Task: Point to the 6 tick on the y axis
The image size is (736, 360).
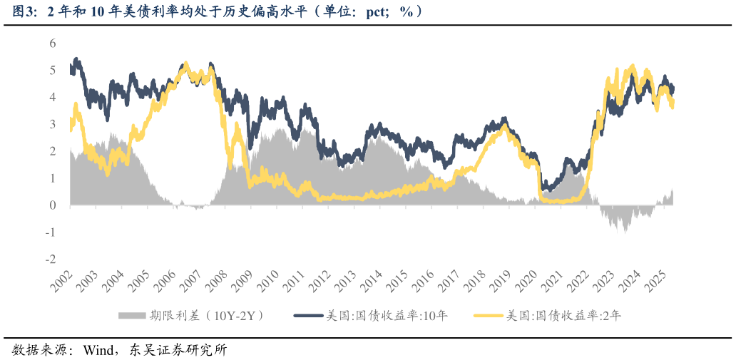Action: coord(52,43)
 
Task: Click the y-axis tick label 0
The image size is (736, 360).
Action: coord(52,205)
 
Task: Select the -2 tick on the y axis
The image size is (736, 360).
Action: coord(50,259)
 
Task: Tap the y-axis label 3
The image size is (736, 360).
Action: coord(52,124)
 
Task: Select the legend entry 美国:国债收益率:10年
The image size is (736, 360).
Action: coord(387,315)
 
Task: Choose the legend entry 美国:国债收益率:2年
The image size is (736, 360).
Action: coord(563,315)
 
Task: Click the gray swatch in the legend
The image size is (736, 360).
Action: coord(131,315)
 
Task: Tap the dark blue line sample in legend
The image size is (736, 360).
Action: coord(308,315)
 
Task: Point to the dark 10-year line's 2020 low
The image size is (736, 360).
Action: coord(545,190)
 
